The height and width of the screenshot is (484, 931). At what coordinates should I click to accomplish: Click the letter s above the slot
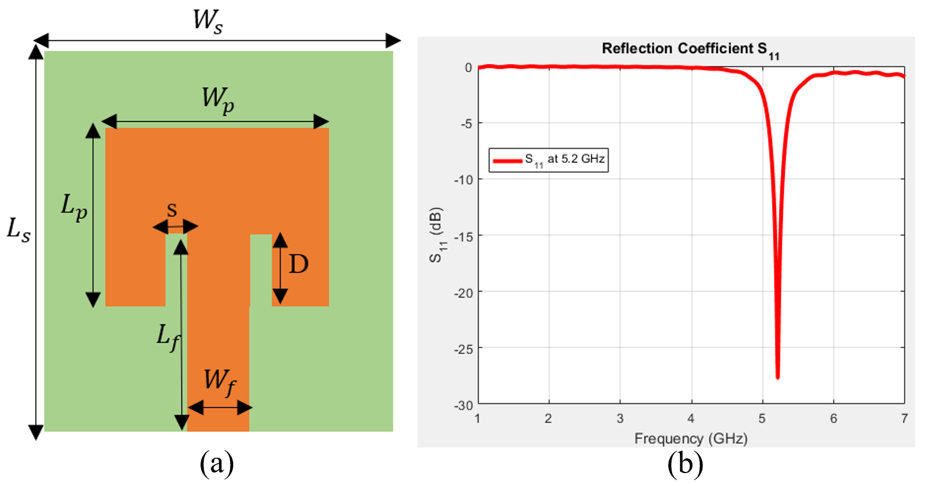pyautogui.click(x=172, y=210)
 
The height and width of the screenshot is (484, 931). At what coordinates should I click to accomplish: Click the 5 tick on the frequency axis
pyautogui.click(x=762, y=417)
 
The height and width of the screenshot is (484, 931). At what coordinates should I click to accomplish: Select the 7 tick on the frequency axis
pyautogui.click(x=903, y=417)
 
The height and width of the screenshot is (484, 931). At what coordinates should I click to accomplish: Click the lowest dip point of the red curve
pyautogui.click(x=777, y=378)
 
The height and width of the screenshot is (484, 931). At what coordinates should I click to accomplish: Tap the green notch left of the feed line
pyautogui.click(x=176, y=269)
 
